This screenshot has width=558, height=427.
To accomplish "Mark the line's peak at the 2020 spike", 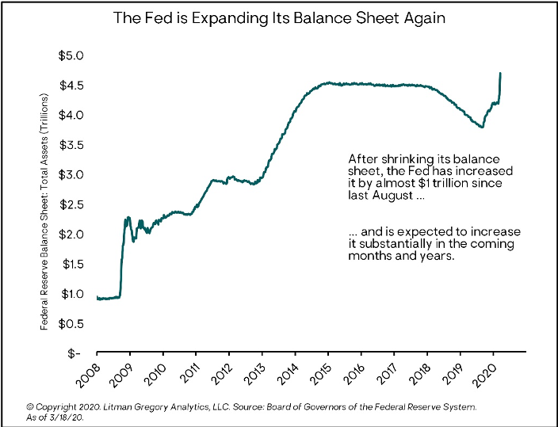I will (x=500, y=74).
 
